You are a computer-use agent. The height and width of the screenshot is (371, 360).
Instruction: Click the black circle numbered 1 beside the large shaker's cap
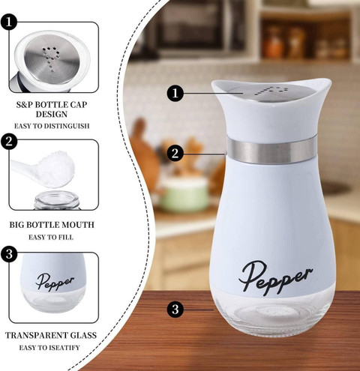tap(175, 93)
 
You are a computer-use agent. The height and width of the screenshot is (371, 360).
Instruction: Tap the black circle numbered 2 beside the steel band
tap(175, 153)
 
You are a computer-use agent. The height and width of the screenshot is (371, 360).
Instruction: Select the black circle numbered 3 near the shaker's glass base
tap(175, 310)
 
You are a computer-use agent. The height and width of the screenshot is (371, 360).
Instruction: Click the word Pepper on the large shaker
tap(275, 277)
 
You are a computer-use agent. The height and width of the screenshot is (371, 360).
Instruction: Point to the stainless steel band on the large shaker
tap(272, 150)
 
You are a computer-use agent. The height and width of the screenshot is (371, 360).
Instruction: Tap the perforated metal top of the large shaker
tap(271, 92)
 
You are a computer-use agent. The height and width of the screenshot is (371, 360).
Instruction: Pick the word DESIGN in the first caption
tap(52, 114)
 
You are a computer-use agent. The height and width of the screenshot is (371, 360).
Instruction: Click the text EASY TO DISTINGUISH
tap(52, 126)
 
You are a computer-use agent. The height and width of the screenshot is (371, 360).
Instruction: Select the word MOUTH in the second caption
tap(77, 225)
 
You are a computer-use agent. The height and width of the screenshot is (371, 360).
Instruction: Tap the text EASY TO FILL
tap(51, 237)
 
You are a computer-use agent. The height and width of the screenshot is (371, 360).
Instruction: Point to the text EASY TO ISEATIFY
tap(49, 348)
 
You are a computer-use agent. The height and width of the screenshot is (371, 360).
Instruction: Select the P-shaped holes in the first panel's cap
tap(51, 58)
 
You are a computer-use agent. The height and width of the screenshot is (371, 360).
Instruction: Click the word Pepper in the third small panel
tap(55, 282)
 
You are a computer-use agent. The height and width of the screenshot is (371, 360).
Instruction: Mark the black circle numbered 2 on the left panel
tap(9, 142)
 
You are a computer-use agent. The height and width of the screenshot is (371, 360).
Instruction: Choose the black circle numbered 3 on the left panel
tap(9, 254)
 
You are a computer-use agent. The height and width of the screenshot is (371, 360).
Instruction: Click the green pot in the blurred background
tap(184, 193)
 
